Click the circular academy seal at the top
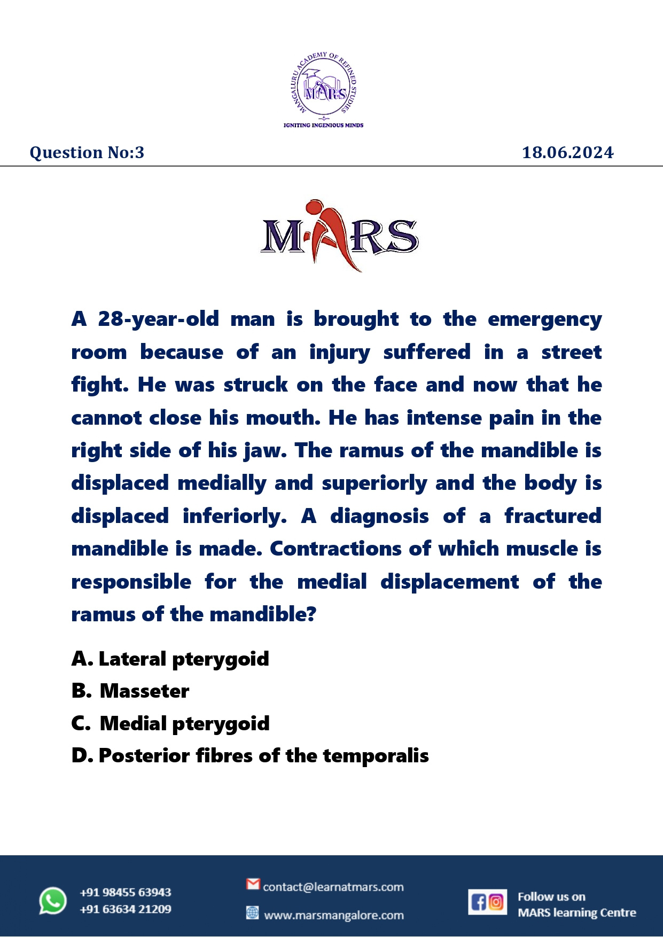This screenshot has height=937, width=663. click(x=323, y=86)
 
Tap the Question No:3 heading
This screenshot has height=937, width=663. click(x=87, y=153)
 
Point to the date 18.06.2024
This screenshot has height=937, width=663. click(x=567, y=153)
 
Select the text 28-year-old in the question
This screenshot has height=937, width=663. click(x=159, y=319)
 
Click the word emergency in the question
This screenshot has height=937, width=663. click(x=544, y=319)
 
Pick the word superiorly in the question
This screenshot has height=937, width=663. click(x=374, y=483)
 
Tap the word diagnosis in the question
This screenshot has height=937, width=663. click(x=379, y=516)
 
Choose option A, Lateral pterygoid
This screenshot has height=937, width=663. click(x=170, y=659)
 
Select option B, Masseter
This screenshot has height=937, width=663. click(x=131, y=691)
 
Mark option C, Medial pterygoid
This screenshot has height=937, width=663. click(x=171, y=724)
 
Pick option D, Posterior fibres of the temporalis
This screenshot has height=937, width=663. click(x=250, y=756)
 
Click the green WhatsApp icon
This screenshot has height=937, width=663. click(x=53, y=901)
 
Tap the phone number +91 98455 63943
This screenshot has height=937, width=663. click(x=126, y=892)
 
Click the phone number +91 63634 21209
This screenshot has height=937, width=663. click(x=126, y=909)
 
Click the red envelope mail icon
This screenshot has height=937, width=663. click(x=253, y=885)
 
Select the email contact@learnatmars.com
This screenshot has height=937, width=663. click(x=333, y=887)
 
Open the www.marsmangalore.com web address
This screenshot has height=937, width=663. click(x=334, y=916)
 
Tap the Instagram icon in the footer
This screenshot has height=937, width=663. click(x=496, y=902)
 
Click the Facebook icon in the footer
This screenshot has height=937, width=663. click(x=478, y=902)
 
